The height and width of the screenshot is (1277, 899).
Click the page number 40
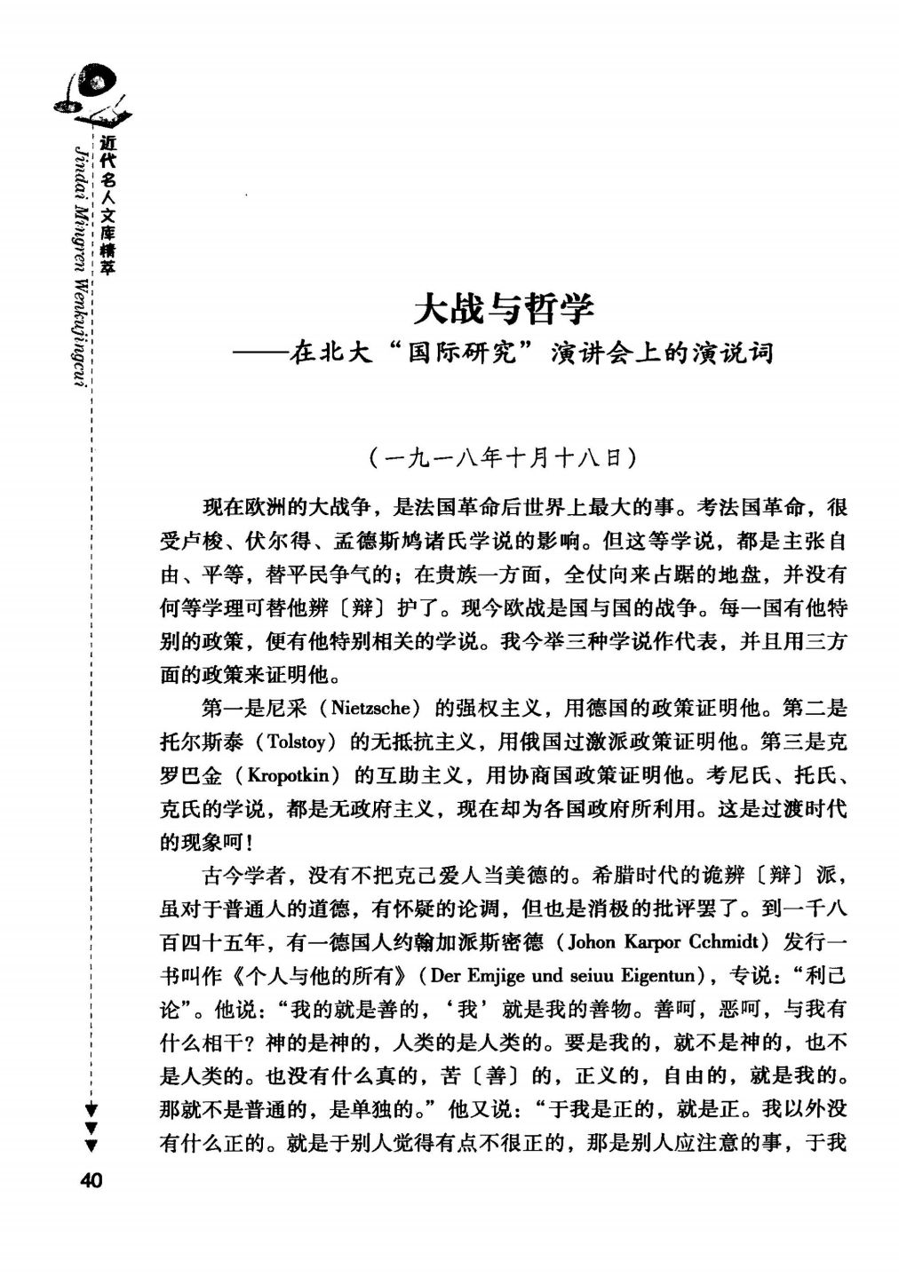(91, 1180)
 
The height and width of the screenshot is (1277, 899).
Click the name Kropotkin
(291, 775)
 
